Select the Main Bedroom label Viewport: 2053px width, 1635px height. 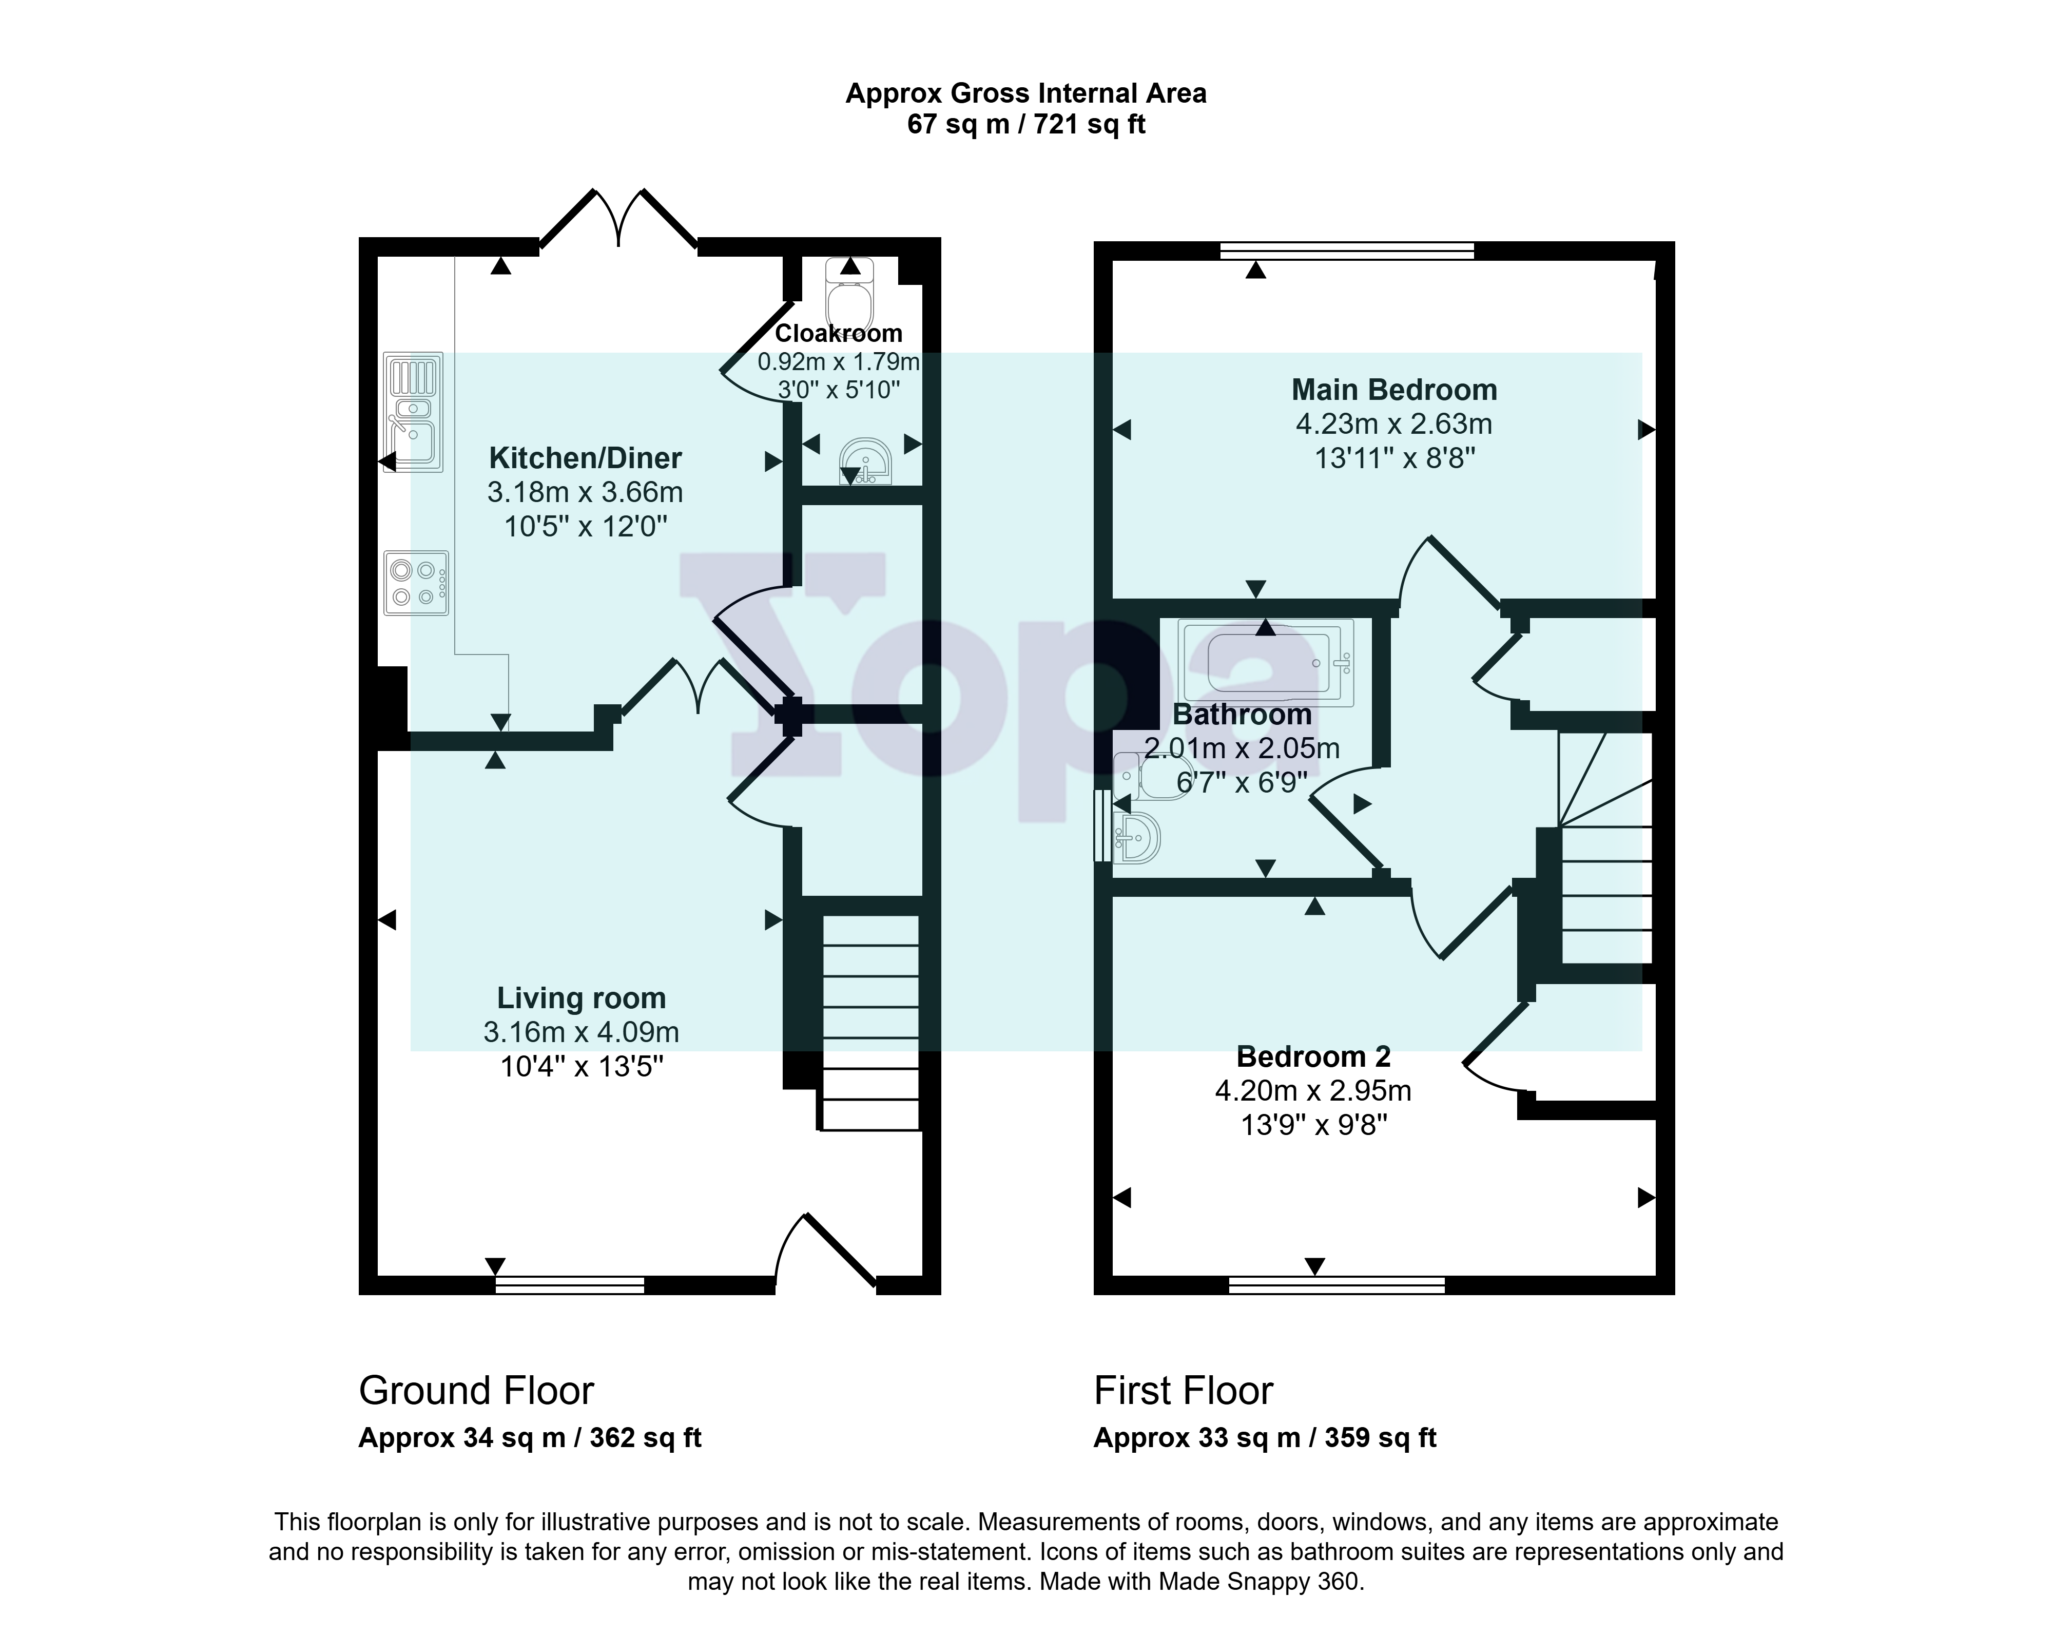click(1394, 390)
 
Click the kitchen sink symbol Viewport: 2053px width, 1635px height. click(413, 412)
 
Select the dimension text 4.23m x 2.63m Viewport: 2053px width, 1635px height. click(1394, 424)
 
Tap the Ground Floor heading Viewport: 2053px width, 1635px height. click(476, 1391)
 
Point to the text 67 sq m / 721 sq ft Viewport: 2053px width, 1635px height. click(1026, 124)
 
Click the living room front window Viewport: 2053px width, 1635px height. click(569, 1285)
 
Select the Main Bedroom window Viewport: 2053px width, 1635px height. click(1347, 251)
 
